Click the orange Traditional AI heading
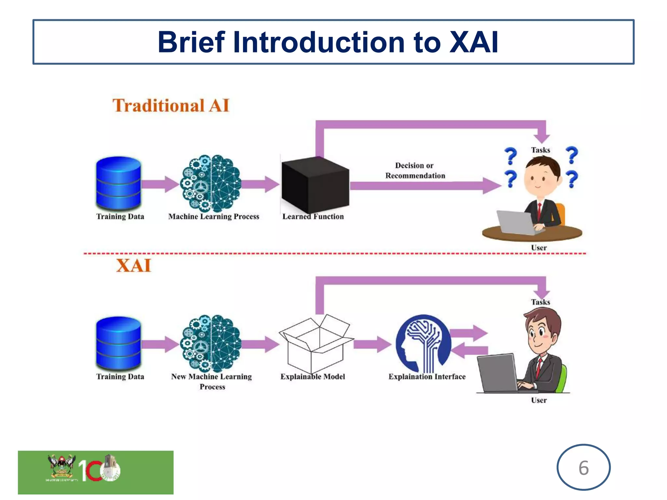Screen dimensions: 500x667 point(171,105)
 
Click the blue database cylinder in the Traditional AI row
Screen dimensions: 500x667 point(119,183)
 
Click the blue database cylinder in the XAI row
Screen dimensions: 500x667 point(119,343)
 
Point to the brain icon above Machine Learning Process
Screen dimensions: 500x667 point(211,183)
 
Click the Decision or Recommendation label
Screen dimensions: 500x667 point(415,171)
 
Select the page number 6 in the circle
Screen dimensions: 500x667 point(583,468)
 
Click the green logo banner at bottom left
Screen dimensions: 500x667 point(95,472)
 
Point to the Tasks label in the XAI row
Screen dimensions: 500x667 point(540,302)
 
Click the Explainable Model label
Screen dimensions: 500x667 point(312,377)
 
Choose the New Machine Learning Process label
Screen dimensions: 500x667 point(212,381)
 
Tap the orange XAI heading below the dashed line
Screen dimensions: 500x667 point(134,265)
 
